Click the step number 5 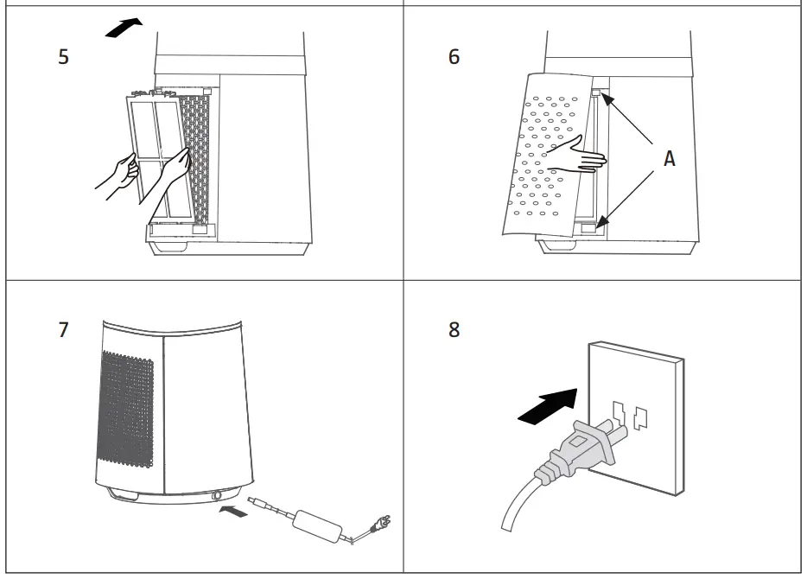click(63, 59)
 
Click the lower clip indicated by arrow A click(590, 228)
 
